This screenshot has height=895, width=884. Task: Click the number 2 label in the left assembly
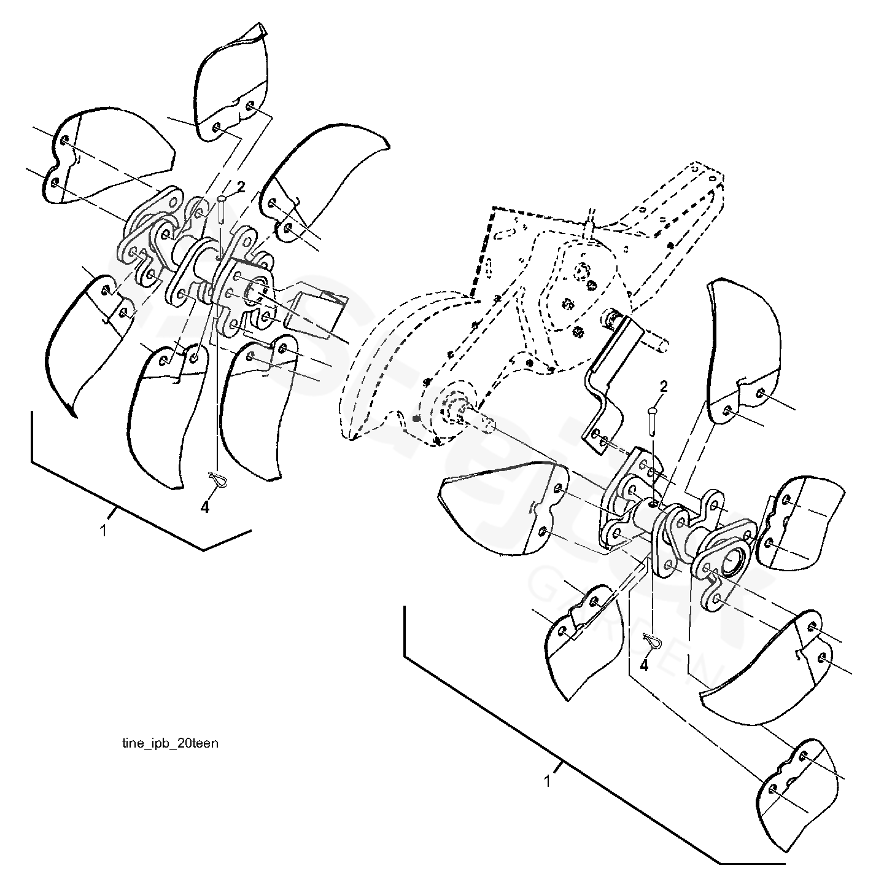[241, 187]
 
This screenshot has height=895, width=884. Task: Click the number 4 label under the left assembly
[205, 507]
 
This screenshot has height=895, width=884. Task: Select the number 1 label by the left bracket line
[103, 530]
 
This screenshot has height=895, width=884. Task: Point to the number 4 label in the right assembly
[645, 665]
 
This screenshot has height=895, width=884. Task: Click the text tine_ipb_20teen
[170, 743]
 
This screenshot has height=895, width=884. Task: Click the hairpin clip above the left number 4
[218, 478]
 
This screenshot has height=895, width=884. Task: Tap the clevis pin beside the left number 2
[222, 212]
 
